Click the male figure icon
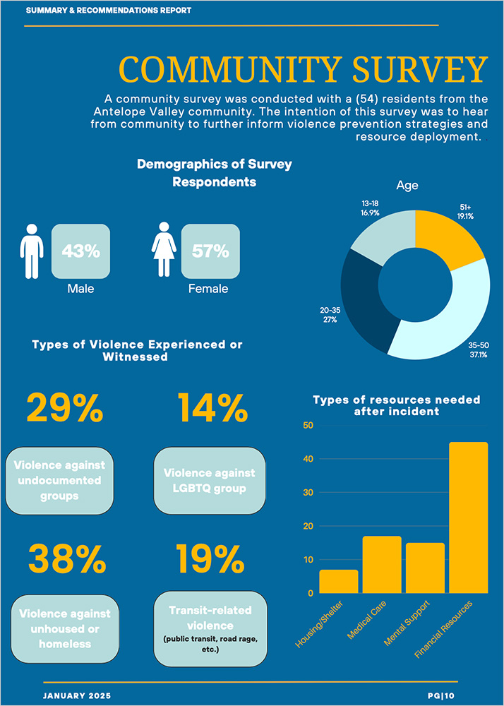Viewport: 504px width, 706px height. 31,251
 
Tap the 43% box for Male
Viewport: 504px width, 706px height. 80,251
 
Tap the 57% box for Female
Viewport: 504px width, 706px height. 210,251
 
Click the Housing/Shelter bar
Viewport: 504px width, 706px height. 338,581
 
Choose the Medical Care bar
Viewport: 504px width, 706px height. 382,564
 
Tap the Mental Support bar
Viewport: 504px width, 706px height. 425,568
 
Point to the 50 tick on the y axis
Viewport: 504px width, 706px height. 307,426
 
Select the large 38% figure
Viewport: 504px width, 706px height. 66,559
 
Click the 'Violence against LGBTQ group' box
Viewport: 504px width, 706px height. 210,480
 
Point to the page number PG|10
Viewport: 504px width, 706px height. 443,696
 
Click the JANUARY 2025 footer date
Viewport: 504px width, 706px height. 77,696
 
